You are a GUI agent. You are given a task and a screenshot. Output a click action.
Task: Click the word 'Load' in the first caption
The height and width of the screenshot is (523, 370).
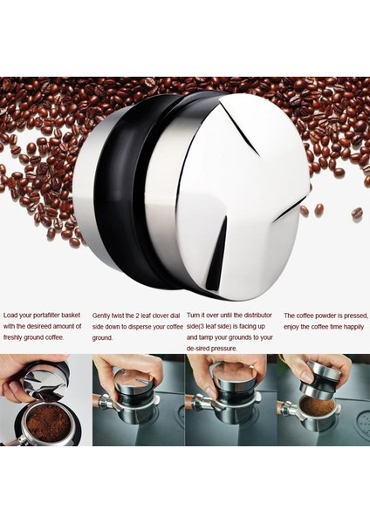12,315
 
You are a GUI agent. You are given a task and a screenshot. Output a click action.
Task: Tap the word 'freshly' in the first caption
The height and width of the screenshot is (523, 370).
17,336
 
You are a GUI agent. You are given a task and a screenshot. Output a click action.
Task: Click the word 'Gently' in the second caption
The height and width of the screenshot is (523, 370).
103,315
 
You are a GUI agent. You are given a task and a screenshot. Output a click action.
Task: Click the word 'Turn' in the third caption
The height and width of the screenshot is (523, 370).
195,315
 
